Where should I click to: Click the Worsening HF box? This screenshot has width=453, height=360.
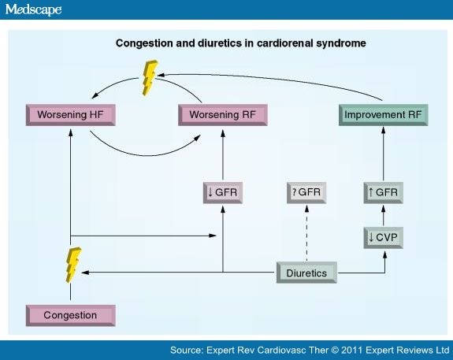coord(70,115)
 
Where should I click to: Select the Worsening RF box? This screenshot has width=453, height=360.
coord(223,115)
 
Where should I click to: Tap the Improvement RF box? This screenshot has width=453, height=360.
coord(384,115)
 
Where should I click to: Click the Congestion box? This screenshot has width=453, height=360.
coord(70,316)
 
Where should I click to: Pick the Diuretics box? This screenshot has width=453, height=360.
coord(306,273)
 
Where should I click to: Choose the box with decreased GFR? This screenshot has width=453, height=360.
coord(223,193)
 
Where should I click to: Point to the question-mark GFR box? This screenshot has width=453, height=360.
coord(306,193)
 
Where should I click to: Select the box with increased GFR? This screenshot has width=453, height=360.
coord(384,193)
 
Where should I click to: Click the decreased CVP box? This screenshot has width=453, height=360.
coord(384,238)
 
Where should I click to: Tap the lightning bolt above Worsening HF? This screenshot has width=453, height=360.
coord(150,77)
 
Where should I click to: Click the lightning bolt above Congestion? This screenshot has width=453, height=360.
coord(73,265)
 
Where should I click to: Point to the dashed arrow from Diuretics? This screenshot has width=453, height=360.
coord(306,233)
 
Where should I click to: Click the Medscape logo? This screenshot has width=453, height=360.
coord(33,9)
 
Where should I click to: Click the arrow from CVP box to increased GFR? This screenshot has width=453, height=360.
coord(384,216)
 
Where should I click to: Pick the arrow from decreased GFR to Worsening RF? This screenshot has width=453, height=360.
coord(223,155)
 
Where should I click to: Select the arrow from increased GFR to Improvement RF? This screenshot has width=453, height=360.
coord(384,154)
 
